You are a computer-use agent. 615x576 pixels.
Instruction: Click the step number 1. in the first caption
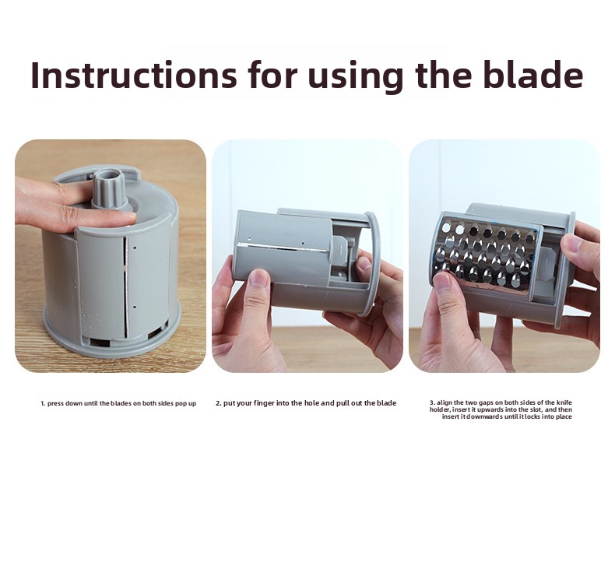pyautogui.click(x=43, y=403)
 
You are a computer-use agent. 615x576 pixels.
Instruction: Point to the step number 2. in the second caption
pyautogui.click(x=219, y=403)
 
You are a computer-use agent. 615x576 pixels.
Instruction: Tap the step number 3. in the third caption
pyautogui.click(x=432, y=402)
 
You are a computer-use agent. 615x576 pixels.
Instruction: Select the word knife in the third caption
pyautogui.click(x=564, y=402)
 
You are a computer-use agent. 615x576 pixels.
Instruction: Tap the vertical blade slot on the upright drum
pyautogui.click(x=125, y=286)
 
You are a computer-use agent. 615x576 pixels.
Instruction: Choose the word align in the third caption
pyautogui.click(x=445, y=402)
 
